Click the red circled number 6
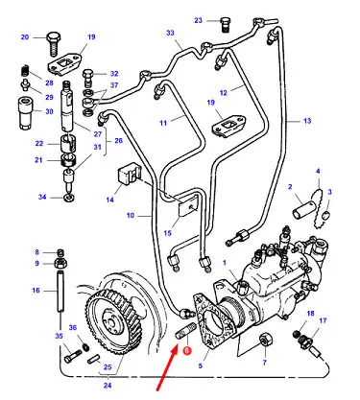(187, 350)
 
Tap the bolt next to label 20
(54, 43)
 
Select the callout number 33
(170, 33)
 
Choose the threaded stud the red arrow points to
(185, 332)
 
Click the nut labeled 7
(266, 339)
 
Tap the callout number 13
(307, 121)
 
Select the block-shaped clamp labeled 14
(129, 175)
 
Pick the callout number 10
(131, 215)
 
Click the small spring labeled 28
(26, 71)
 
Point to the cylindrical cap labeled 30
(26, 113)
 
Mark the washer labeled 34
(68, 198)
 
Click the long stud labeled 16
(60, 291)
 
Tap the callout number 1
(225, 263)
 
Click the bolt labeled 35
(73, 355)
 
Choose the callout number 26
(118, 140)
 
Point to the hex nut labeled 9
(60, 264)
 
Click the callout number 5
(201, 365)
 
